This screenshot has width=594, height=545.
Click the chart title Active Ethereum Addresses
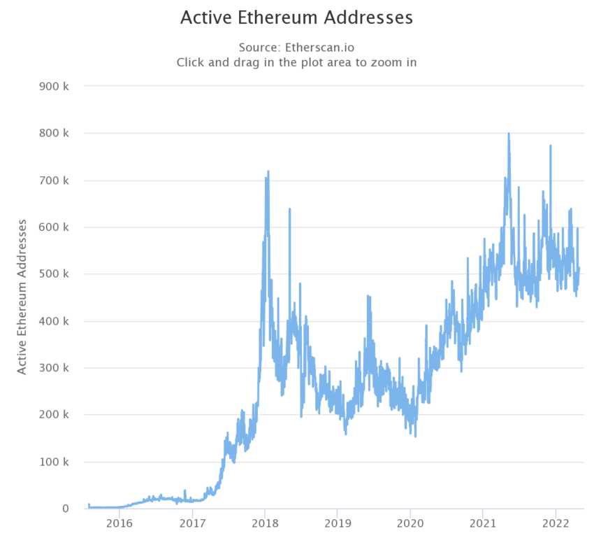point(296,17)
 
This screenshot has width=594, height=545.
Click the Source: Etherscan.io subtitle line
point(296,48)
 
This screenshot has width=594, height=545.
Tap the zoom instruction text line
point(296,62)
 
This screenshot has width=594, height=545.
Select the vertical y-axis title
point(22,297)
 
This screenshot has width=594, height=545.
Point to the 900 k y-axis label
point(55,86)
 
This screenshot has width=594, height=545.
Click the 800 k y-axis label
point(55,133)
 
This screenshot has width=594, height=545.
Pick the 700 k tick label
point(55,181)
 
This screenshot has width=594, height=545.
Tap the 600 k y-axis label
point(55,227)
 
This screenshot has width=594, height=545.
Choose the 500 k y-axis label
point(55,274)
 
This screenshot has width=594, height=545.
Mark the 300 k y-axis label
point(55,368)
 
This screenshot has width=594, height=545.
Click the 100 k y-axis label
point(55,462)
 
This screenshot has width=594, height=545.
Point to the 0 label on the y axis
point(66,509)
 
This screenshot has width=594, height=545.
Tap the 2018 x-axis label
point(265,523)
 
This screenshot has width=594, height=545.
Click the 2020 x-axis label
point(410,523)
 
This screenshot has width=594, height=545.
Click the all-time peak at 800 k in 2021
point(508,134)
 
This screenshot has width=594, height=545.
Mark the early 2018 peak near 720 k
point(268,171)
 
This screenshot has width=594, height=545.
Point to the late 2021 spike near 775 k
point(551,146)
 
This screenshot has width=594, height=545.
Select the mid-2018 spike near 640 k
point(289,209)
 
